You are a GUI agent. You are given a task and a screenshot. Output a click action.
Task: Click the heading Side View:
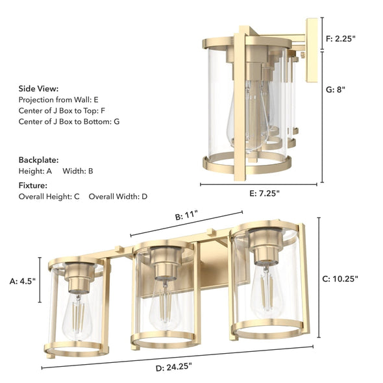click(38, 88)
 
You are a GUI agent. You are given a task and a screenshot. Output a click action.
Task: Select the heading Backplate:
click(38, 159)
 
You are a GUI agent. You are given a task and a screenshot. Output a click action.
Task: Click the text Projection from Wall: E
click(59, 99)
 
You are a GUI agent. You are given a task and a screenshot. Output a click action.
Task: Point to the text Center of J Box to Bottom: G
click(69, 121)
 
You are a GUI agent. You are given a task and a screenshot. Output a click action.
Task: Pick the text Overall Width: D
click(118, 196)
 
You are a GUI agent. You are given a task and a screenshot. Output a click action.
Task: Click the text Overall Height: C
click(49, 196)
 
